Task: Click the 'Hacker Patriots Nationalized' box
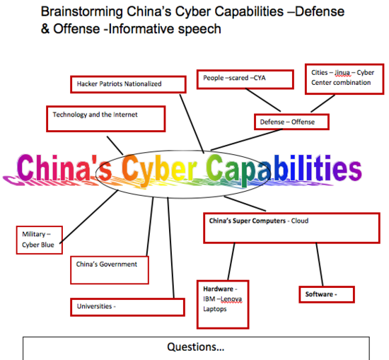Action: [x=128, y=85]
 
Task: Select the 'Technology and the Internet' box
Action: [x=106, y=119]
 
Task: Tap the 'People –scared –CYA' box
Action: [x=245, y=79]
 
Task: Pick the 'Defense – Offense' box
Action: [x=291, y=122]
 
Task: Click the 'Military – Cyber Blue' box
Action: [x=40, y=240]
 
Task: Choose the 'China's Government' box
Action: [x=110, y=270]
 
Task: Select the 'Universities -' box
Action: [x=128, y=307]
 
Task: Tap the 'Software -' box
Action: [x=327, y=294]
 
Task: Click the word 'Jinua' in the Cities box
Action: [x=342, y=73]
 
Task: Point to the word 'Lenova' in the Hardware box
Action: [x=231, y=299]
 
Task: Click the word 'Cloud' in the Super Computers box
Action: [x=300, y=221]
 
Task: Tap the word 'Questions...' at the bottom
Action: [x=196, y=347]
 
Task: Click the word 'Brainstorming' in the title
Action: [x=82, y=11]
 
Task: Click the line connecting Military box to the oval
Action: [x=89, y=216]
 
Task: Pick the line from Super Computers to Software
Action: [x=320, y=265]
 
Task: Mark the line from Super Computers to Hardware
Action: [x=231, y=262]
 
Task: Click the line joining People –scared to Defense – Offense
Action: [x=263, y=100]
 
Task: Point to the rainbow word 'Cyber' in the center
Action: [x=159, y=168]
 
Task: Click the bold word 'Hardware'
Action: [x=219, y=289]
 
